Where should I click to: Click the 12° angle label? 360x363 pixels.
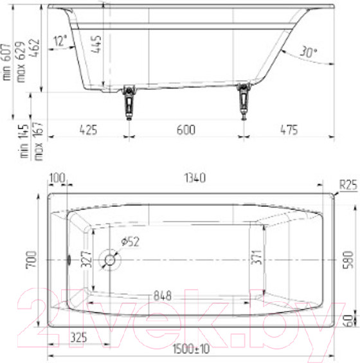point(60,40)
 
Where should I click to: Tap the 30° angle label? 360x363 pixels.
point(308,52)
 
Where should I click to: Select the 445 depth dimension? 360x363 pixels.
point(96,44)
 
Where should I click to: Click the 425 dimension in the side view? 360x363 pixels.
point(88,130)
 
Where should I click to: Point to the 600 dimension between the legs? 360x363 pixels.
point(186,130)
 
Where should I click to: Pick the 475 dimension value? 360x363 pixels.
point(289,130)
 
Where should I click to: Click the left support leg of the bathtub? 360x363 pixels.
point(129,102)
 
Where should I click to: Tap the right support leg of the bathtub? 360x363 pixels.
point(244,102)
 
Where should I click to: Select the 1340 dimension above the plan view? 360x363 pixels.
point(195,178)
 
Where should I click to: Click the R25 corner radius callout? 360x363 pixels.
point(348,185)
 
